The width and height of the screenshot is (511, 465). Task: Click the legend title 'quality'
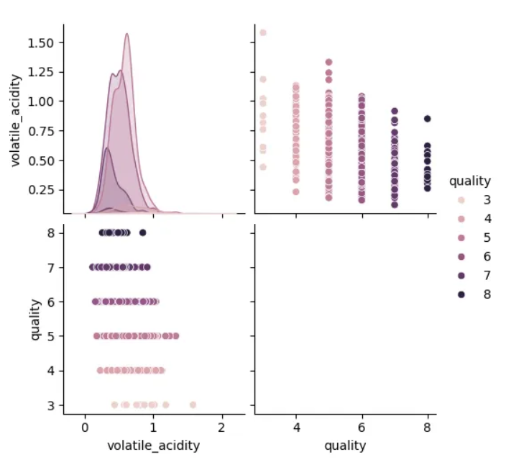(x=470, y=181)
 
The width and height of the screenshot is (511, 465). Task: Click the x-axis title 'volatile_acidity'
(x=154, y=446)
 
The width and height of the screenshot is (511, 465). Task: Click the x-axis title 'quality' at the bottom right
(x=346, y=446)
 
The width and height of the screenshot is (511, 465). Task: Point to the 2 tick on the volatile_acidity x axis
(x=222, y=425)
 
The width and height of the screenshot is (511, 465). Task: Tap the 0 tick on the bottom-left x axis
(x=86, y=425)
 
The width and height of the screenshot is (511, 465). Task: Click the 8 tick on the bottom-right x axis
(x=428, y=425)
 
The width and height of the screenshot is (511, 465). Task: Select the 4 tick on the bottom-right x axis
(x=295, y=425)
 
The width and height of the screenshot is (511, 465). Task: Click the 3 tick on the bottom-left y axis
(x=51, y=405)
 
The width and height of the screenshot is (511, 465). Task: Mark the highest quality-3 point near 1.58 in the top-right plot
(x=262, y=32)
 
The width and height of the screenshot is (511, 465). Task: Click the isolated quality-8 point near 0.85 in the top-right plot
(x=428, y=119)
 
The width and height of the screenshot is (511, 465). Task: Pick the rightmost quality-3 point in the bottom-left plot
(x=193, y=405)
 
